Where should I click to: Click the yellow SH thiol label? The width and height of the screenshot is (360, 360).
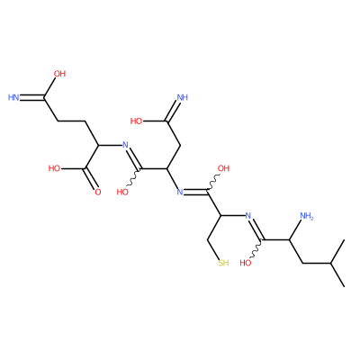point(223,263)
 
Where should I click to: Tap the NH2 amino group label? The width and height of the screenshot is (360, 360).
point(306,216)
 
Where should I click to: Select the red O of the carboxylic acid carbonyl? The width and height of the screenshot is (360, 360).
point(98,193)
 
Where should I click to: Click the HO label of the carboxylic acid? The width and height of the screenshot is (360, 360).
point(55,168)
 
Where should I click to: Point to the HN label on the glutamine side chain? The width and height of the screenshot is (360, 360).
point(13,97)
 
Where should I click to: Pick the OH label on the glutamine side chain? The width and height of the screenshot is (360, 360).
point(59,74)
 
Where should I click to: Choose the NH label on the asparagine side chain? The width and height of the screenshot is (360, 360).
point(183,97)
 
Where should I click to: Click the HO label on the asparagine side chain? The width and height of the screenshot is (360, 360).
point(136,121)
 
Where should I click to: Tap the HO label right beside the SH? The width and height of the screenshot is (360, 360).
point(246,264)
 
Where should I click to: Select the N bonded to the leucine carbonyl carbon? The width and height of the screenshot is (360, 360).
point(248,216)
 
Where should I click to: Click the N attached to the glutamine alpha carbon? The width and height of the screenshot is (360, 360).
point(126,145)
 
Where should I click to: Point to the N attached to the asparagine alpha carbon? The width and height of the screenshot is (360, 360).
point(180,193)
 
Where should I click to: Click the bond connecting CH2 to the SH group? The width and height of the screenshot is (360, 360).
point(213,249)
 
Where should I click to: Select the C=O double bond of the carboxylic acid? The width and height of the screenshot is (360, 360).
point(92,178)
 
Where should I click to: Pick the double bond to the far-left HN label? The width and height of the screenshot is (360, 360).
point(32,97)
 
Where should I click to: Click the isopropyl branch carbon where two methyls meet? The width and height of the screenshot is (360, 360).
point(330,264)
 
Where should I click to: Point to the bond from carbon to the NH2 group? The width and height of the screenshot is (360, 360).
point(295,229)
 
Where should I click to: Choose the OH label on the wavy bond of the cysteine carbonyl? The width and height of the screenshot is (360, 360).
point(223,168)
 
